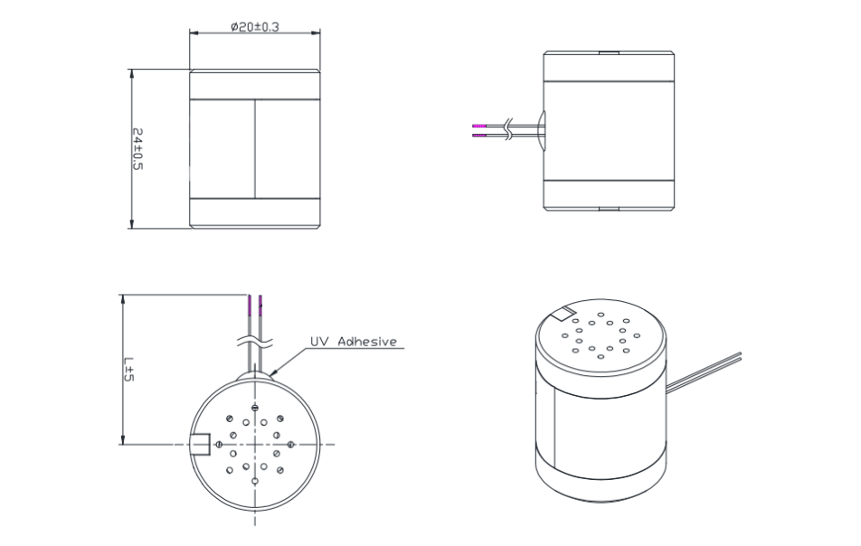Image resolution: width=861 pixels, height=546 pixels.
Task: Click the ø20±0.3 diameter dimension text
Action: click(254, 27)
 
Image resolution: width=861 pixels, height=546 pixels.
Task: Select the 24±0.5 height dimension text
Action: click(138, 149)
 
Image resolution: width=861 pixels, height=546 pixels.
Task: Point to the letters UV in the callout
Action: click(319, 342)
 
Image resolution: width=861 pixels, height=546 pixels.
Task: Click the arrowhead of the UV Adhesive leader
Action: click(270, 373)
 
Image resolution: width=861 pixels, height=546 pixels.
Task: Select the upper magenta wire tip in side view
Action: click(479, 125)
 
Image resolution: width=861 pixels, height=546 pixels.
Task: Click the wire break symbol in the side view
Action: click(511, 130)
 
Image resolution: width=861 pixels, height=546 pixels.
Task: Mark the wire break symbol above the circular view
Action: click(254, 344)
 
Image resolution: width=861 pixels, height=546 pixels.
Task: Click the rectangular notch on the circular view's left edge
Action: click(201, 444)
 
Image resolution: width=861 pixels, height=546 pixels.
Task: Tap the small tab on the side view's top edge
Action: click(609, 53)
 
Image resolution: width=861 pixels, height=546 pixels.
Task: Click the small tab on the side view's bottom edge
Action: click(609, 209)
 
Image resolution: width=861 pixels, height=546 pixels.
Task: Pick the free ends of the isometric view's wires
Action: click(739, 357)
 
